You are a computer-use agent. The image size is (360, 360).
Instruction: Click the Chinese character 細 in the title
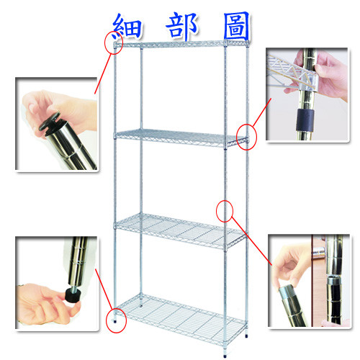click(127, 27)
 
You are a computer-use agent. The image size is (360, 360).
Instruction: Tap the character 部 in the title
click(182, 26)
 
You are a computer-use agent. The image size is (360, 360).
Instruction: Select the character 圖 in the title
click(237, 26)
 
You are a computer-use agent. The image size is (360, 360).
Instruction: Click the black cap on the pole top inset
click(50, 123)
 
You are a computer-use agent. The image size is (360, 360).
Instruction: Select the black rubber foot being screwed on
click(72, 295)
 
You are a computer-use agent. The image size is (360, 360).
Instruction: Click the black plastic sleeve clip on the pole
click(305, 120)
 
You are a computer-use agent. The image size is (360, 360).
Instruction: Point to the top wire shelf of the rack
click(181, 44)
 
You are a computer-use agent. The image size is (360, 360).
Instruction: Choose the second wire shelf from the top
click(181, 138)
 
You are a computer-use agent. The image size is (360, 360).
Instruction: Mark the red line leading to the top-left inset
click(104, 74)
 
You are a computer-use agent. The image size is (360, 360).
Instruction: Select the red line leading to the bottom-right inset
click(252, 241)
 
